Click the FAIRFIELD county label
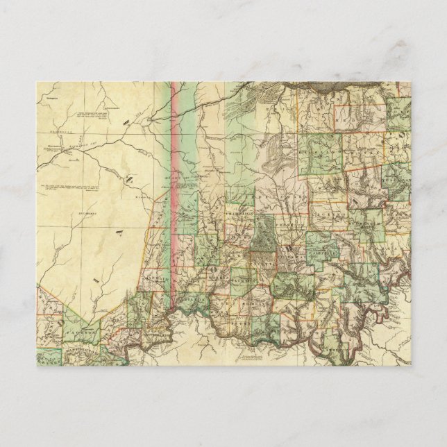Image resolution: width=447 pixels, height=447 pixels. (320, 253)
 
